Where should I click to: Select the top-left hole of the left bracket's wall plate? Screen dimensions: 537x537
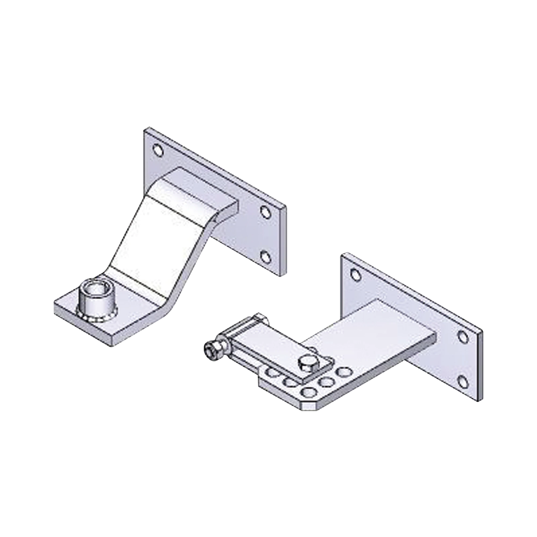tap(158, 150)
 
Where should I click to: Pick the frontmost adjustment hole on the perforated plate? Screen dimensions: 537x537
tap(309, 392)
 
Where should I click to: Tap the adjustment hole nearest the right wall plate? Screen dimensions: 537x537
tap(344, 372)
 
